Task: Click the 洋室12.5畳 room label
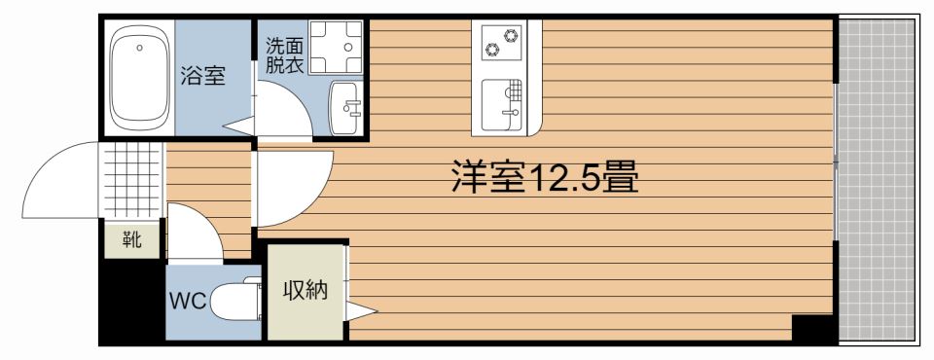(544, 178)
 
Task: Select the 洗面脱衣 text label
(284, 56)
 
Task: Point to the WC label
(188, 302)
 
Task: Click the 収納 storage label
(305, 290)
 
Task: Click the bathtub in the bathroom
(139, 80)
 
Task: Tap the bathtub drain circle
(139, 46)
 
